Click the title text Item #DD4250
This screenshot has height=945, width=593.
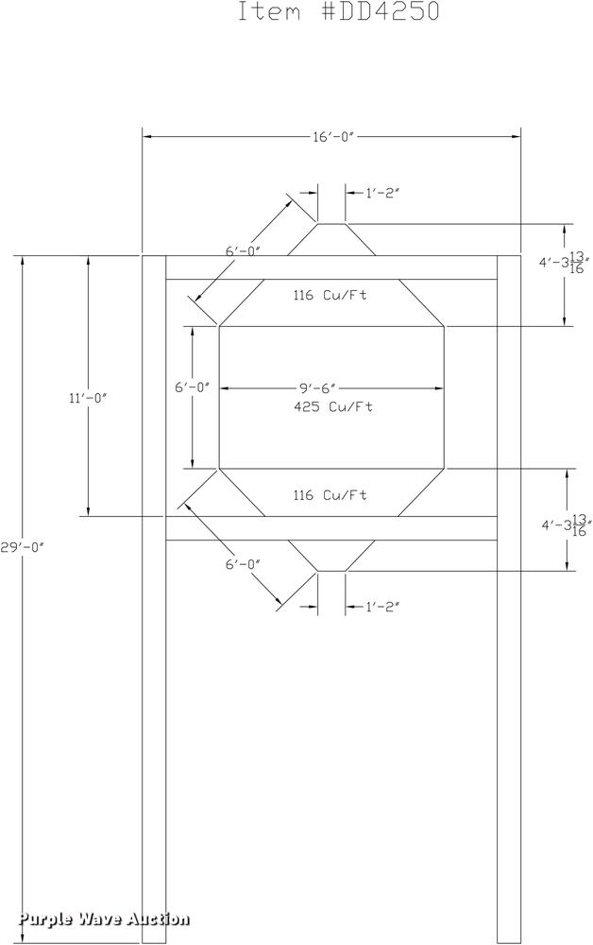[x=337, y=12]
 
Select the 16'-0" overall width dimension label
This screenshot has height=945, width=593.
[x=332, y=137]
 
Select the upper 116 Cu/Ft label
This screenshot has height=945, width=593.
[x=329, y=295]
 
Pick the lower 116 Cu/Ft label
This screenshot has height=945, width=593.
[x=329, y=495]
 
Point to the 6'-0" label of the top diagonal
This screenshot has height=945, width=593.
[x=243, y=251]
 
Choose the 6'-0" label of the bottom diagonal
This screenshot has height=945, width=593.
[x=243, y=564]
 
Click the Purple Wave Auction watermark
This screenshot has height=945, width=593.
[x=104, y=919]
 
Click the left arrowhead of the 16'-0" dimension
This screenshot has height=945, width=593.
[x=147, y=137]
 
